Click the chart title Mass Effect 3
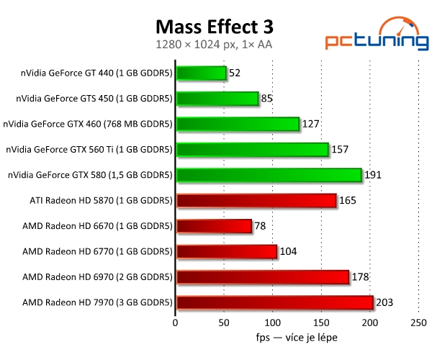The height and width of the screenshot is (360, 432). click(x=215, y=27)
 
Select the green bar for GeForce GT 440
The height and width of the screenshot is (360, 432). click(x=201, y=73)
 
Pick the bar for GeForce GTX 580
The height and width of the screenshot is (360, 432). click(x=268, y=175)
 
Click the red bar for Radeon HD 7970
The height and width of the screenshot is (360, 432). click(x=274, y=302)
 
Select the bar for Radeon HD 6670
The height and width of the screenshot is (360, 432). click(x=213, y=226)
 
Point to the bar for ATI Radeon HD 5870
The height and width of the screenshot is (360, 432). click(x=256, y=200)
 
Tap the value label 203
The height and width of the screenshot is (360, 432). click(x=385, y=303)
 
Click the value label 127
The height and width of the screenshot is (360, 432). click(x=311, y=124)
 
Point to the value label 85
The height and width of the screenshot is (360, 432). click(x=267, y=99)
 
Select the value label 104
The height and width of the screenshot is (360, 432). click(x=288, y=252)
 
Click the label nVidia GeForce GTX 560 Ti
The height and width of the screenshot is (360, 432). click(x=89, y=150)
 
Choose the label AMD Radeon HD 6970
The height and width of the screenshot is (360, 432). click(x=97, y=277)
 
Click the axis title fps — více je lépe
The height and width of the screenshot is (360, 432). click(x=297, y=337)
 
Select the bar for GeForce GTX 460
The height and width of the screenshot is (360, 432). click(x=237, y=124)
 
